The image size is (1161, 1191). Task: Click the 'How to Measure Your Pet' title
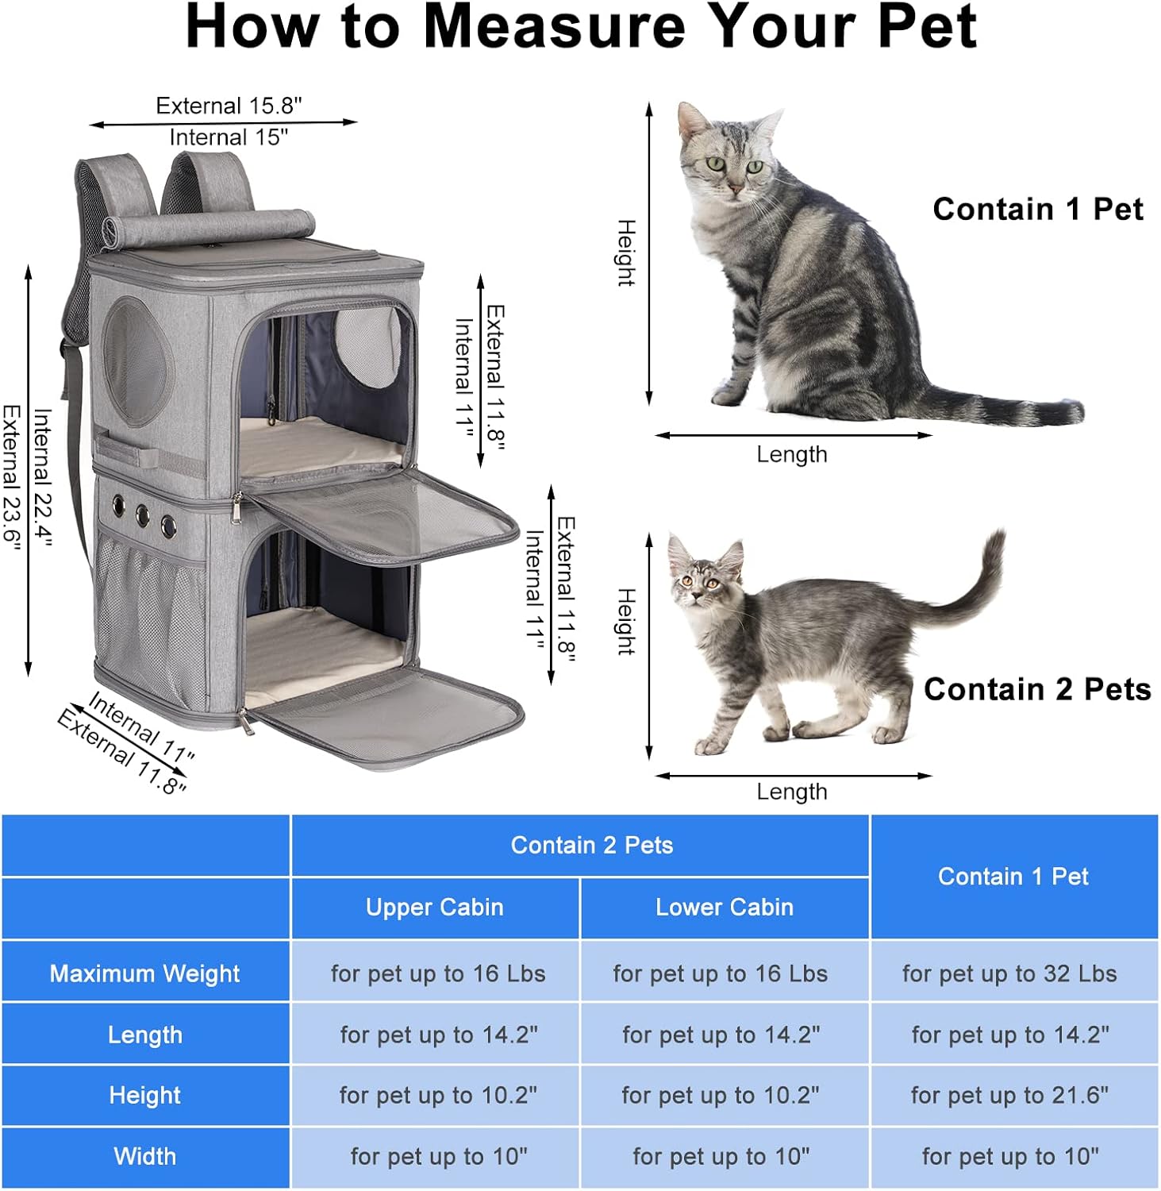580,28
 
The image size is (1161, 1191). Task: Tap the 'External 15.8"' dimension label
229,106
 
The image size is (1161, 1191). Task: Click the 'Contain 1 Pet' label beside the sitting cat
1037,210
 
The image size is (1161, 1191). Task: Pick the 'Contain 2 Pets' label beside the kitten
1036,689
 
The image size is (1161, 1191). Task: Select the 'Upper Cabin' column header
434,908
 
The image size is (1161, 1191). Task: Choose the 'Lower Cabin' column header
724,908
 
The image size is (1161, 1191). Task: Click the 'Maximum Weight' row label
144,973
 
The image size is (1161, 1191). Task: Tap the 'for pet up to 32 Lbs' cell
1009,973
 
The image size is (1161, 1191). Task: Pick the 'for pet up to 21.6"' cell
1009,1096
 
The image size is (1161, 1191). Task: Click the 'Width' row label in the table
144,1157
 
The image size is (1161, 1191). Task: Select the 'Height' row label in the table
144,1096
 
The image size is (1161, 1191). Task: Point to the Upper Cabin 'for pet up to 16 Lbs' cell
438,973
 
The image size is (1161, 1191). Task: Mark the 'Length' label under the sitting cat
791,455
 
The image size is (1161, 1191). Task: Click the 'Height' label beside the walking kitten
626,621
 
